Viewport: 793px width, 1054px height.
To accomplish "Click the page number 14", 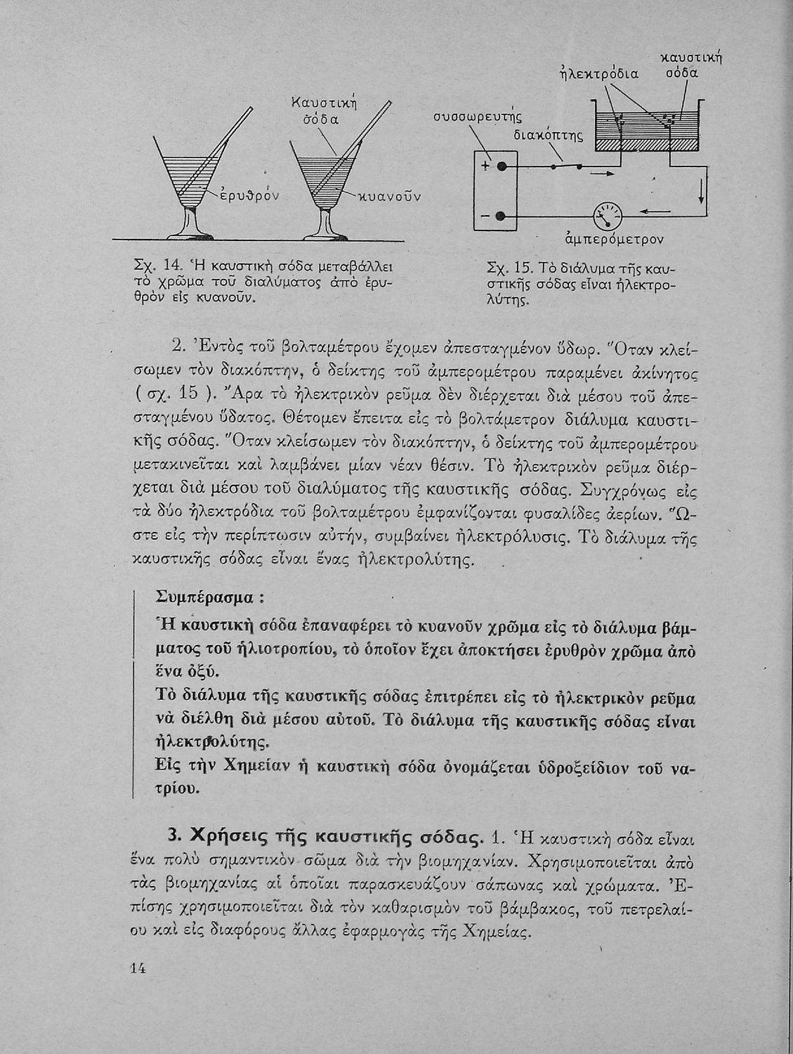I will pyautogui.click(x=138, y=968).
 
